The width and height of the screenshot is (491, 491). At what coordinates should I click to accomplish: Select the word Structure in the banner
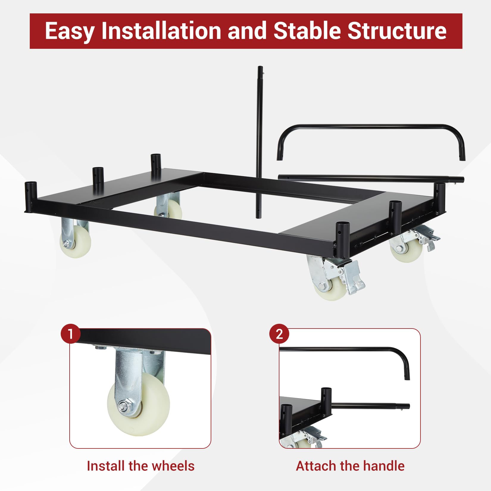tap(397, 31)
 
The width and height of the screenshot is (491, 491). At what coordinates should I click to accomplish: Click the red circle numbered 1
tap(71, 334)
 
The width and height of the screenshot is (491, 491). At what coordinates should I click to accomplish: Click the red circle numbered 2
tap(279, 334)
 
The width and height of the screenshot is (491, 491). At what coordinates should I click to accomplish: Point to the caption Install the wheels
tap(140, 466)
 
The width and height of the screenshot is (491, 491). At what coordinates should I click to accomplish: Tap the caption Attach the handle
tap(350, 466)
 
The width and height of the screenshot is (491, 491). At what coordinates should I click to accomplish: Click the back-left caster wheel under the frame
tap(168, 209)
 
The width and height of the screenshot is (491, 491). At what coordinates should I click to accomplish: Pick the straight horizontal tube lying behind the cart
tap(371, 179)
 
